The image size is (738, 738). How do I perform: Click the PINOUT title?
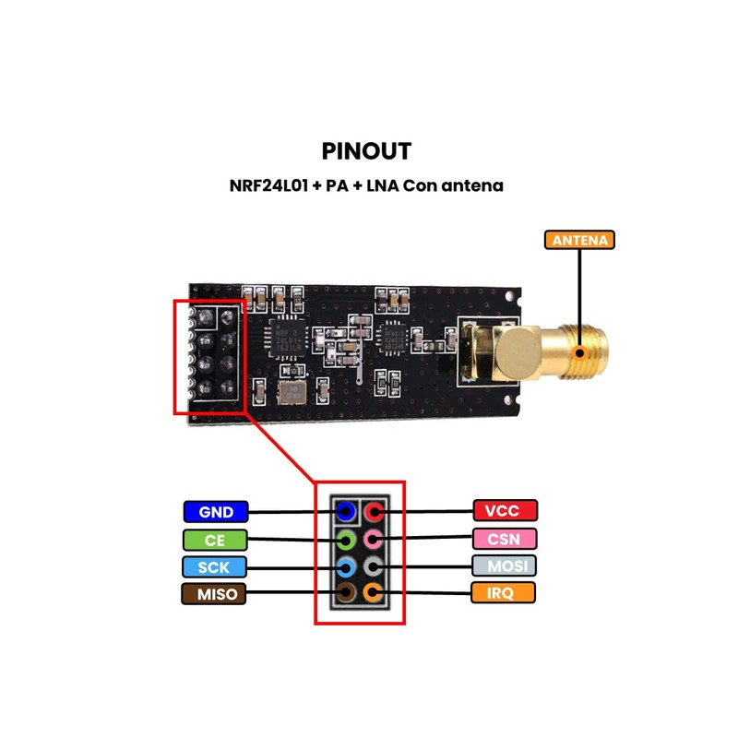(x=367, y=150)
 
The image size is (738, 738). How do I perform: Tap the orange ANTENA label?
(x=579, y=240)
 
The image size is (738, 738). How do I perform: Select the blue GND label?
(x=215, y=512)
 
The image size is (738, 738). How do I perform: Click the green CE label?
(x=215, y=539)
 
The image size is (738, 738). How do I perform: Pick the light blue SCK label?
(x=215, y=565)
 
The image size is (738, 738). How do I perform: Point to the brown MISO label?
(x=215, y=593)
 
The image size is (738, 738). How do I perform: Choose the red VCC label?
(x=505, y=510)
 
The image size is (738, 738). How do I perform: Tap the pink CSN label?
(x=505, y=538)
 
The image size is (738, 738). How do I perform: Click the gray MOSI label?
(x=505, y=565)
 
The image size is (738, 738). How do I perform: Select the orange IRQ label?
(x=505, y=592)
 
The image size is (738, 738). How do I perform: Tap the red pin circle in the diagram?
(x=372, y=511)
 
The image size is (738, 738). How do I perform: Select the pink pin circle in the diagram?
(x=372, y=539)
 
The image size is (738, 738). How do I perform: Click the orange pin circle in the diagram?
(x=372, y=593)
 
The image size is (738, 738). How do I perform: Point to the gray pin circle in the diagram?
(x=372, y=565)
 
